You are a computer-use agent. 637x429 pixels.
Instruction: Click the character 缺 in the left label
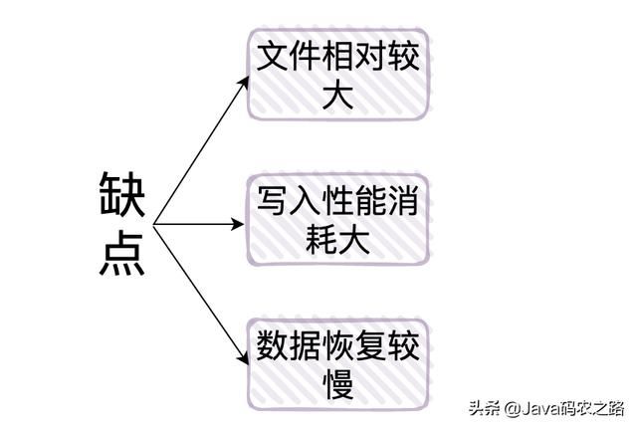[122, 196]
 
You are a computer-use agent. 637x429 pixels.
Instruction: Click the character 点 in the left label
[122, 252]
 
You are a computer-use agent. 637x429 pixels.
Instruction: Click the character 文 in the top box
[272, 60]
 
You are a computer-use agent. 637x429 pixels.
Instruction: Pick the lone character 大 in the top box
[338, 99]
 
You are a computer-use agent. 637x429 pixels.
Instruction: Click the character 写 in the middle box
[272, 204]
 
